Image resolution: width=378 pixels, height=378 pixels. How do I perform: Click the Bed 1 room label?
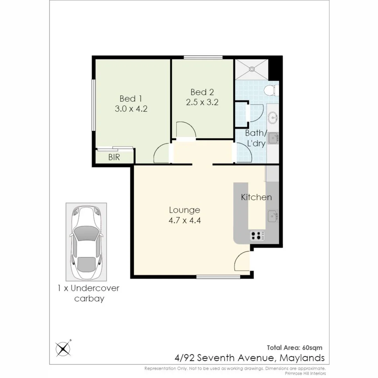131,98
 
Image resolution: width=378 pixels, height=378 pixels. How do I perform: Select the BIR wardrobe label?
114,157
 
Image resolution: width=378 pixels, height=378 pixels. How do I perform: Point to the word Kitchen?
256,197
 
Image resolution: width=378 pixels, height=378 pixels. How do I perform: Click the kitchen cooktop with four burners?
257,236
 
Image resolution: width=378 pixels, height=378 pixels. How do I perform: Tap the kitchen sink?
273,216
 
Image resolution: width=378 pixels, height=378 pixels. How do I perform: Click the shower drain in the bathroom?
251,69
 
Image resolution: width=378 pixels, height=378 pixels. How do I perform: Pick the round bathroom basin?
273,118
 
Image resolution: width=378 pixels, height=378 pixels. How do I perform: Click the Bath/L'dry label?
256,138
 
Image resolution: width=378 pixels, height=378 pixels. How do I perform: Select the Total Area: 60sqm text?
294,348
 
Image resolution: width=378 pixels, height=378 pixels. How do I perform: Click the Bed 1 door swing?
161,154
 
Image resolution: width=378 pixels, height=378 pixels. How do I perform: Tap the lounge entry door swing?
242,261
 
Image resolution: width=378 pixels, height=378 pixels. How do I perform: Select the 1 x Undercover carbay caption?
89,294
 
